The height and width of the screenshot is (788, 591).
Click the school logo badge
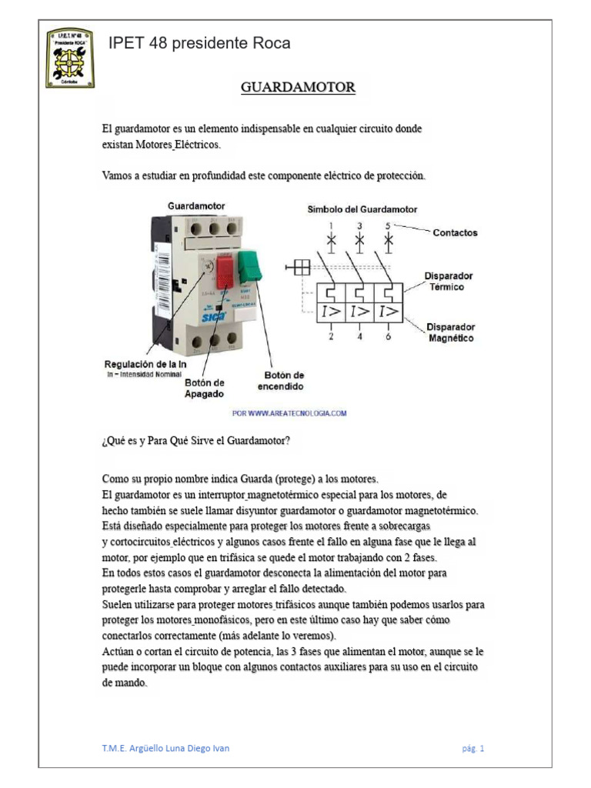69,58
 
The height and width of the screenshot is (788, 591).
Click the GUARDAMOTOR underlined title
298,87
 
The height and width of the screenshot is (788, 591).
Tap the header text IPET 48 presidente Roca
199,43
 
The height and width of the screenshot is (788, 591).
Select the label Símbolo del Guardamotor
362,209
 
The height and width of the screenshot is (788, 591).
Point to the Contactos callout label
455,232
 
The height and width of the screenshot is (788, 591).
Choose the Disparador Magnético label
451,332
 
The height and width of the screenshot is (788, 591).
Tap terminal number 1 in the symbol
331,225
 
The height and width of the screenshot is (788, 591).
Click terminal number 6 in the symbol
388,337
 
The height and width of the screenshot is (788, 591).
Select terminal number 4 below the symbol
359,337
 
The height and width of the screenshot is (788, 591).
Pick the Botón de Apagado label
204,388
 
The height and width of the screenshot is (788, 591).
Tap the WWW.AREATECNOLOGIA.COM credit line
289,413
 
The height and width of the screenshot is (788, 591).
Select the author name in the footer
165,748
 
